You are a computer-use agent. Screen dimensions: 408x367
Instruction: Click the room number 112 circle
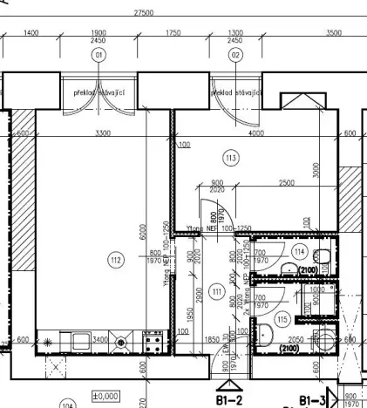click(x=114, y=259)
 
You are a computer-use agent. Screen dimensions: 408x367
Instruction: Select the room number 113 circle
click(x=231, y=158)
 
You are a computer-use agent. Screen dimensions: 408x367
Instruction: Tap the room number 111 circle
click(x=217, y=292)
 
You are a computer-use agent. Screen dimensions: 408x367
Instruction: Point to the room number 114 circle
click(x=299, y=252)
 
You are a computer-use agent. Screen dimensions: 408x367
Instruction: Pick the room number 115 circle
click(x=282, y=320)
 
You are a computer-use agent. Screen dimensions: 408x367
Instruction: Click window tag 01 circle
click(x=99, y=55)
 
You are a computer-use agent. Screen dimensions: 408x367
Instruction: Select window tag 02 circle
click(x=235, y=55)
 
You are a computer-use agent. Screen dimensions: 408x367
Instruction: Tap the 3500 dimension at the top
click(x=333, y=32)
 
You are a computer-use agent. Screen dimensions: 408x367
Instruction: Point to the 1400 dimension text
click(x=31, y=32)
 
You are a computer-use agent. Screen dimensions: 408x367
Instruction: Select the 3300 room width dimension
click(x=102, y=133)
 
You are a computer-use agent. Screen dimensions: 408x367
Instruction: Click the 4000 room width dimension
click(x=255, y=133)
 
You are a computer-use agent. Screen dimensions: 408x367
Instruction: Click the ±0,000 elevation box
click(x=105, y=395)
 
